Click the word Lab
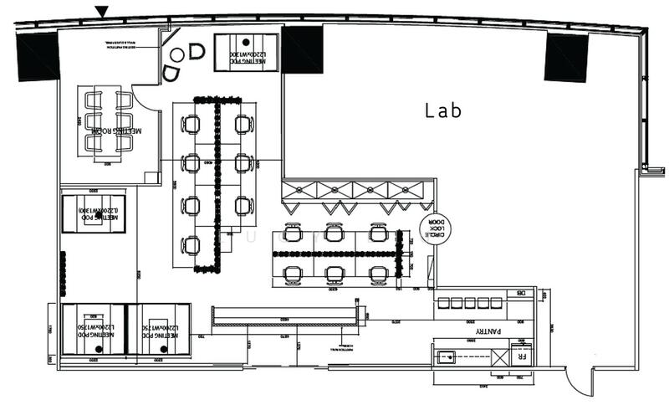pyautogui.click(x=444, y=110)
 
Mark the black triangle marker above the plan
pyautogui.click(x=101, y=11)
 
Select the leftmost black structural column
pyautogui.click(x=38, y=55)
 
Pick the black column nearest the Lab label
pyautogui.click(x=302, y=49)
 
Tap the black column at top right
pyautogui.click(x=566, y=58)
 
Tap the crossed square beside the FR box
pyautogui.click(x=499, y=358)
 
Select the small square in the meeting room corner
pyautogui.click(x=151, y=177)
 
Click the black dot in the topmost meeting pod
pyautogui.click(x=246, y=41)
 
